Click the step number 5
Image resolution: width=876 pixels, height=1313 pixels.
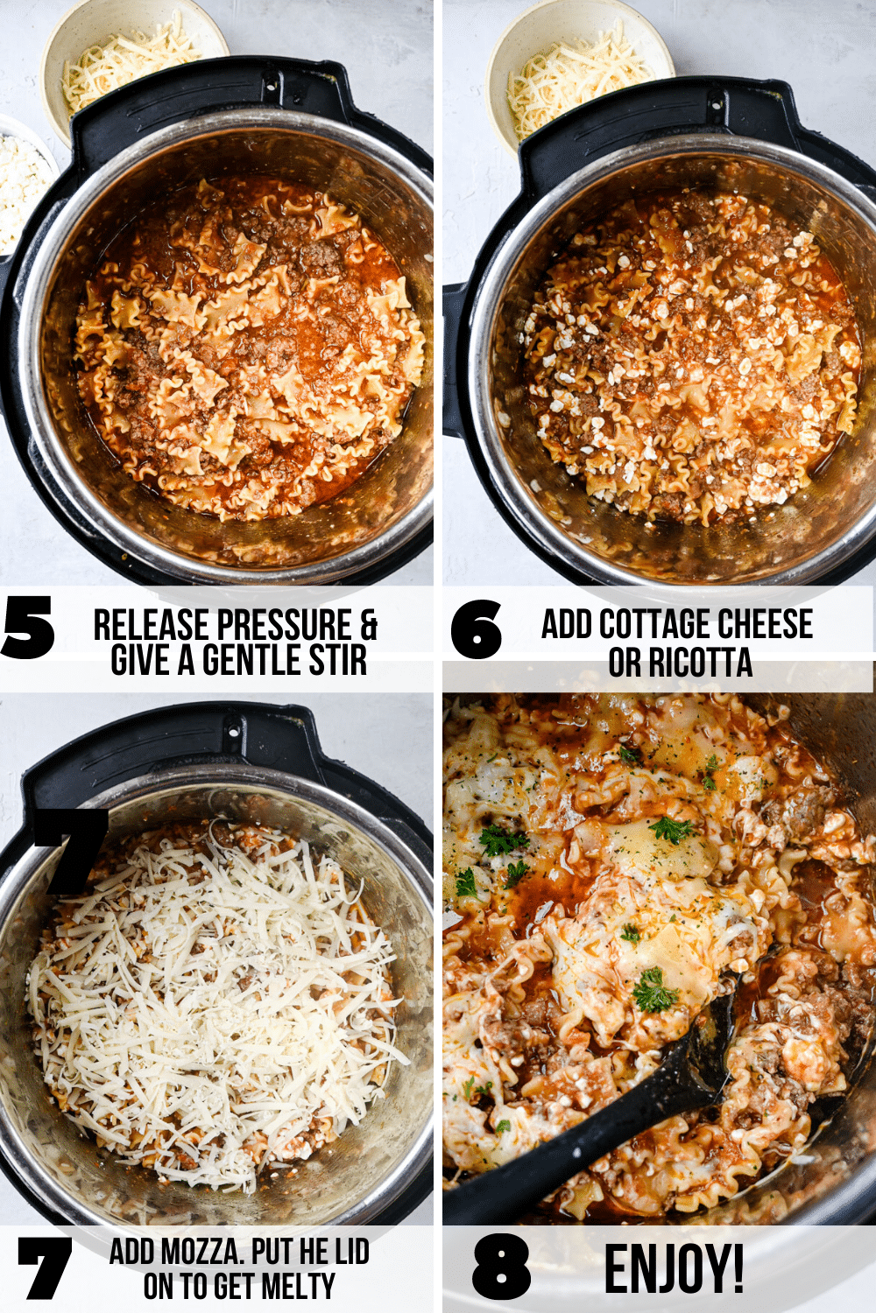click(x=28, y=627)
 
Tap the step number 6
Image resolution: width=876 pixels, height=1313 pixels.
click(x=477, y=628)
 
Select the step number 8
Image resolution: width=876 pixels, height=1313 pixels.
click(x=501, y=1267)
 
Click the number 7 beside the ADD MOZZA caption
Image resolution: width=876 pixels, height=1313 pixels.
click(x=45, y=1267)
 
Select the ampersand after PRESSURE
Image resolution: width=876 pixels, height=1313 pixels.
click(x=369, y=625)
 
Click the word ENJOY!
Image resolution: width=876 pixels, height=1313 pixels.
click(x=674, y=1268)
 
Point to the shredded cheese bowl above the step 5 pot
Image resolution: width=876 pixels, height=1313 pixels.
click(x=131, y=57)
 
